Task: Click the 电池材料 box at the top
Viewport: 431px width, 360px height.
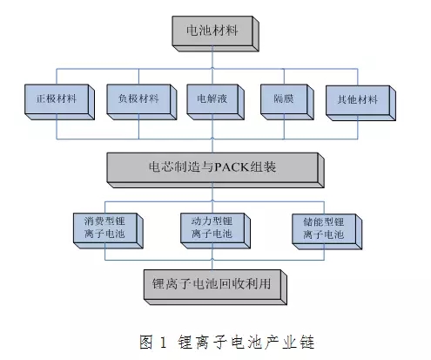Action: coord(215,34)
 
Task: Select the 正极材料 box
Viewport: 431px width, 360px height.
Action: coord(59,102)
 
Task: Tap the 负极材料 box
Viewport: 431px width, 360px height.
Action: coord(142,102)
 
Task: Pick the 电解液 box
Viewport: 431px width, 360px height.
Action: coord(215,102)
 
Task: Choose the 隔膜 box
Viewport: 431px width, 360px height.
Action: coord(287,102)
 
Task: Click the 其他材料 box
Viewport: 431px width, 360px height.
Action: coord(360,103)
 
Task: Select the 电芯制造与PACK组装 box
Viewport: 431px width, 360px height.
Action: coord(215,170)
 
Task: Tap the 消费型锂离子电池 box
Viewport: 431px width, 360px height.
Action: coord(108,231)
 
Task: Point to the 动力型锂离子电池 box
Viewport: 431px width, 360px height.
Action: coord(215,231)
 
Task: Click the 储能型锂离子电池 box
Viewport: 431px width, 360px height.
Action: coord(327,232)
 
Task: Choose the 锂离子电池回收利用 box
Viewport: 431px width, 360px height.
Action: coord(215,288)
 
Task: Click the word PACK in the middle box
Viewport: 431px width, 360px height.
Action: coord(232,167)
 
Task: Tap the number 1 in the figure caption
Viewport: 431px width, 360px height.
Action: coord(163,343)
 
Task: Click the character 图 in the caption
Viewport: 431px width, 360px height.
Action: coord(145,342)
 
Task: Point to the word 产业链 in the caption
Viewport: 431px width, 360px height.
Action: coord(290,342)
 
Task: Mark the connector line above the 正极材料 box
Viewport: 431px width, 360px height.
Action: coord(57,77)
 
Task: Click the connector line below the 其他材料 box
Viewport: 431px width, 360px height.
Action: coord(358,130)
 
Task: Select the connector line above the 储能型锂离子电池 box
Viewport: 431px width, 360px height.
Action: coord(324,207)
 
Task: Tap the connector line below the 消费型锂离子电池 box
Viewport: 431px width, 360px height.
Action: coord(104,255)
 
